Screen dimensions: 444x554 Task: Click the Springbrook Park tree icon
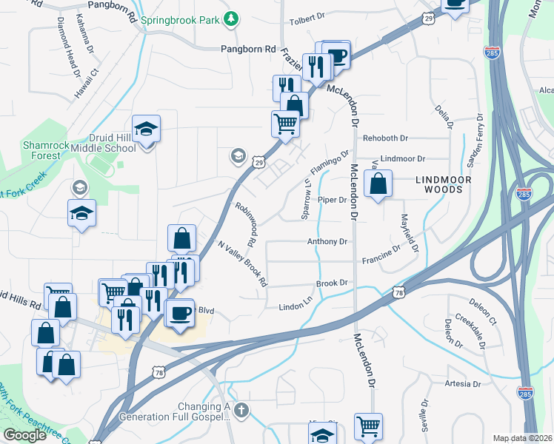232,18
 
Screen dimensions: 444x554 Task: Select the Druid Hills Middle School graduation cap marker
147,129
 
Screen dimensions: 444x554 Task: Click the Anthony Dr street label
327,241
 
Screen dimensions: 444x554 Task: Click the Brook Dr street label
332,283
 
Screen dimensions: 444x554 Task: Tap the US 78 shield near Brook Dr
399,293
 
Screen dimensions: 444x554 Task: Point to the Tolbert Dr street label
307,16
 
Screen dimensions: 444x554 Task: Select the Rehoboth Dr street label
385,138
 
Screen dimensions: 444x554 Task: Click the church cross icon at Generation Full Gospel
240,408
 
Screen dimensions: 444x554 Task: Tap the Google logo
24,435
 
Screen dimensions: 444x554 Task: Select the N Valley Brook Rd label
241,263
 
